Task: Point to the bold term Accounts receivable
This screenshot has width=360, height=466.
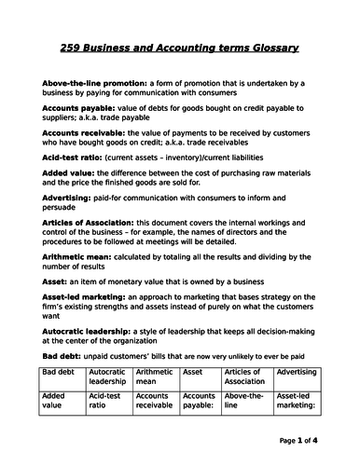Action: [90, 133]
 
